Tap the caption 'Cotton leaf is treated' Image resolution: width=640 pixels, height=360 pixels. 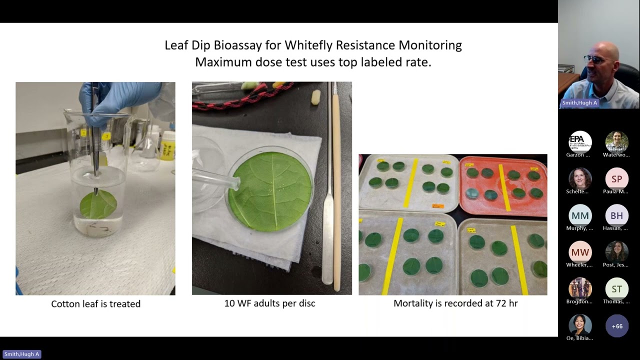tap(95, 303)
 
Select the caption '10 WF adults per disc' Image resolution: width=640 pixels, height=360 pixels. tap(269, 303)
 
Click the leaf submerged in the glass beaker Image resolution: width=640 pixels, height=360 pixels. tap(98, 204)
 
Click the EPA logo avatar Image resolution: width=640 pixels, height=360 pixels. tap(580, 142)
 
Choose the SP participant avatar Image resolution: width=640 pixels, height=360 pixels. tap(616, 179)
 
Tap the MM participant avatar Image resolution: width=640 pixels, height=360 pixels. tap(580, 215)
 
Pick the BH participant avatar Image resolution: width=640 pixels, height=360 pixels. tap(616, 215)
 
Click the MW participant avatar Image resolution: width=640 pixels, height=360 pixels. tap(580, 252)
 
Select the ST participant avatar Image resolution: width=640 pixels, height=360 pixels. tap(616, 289)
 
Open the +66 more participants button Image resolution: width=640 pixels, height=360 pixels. tap(616, 326)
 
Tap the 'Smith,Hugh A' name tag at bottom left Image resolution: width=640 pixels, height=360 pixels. tap(21, 354)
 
